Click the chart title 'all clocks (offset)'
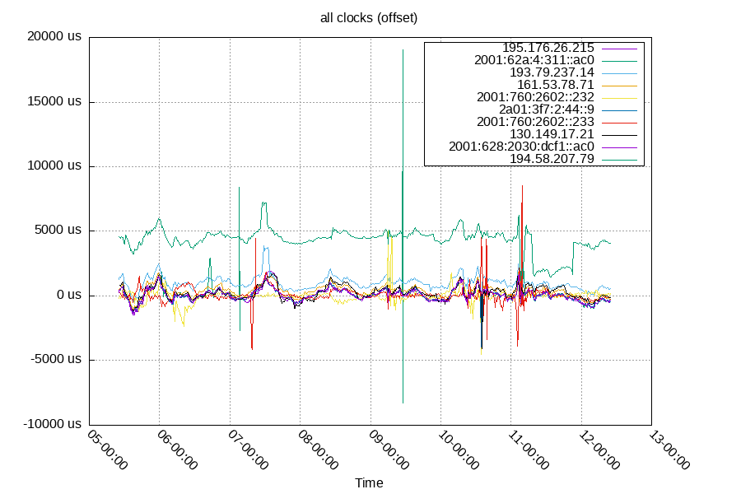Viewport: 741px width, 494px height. tap(370, 16)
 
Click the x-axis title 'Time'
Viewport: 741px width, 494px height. tap(369, 483)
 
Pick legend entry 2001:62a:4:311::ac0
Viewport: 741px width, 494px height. tap(534, 60)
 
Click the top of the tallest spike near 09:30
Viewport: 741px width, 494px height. tap(403, 50)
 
